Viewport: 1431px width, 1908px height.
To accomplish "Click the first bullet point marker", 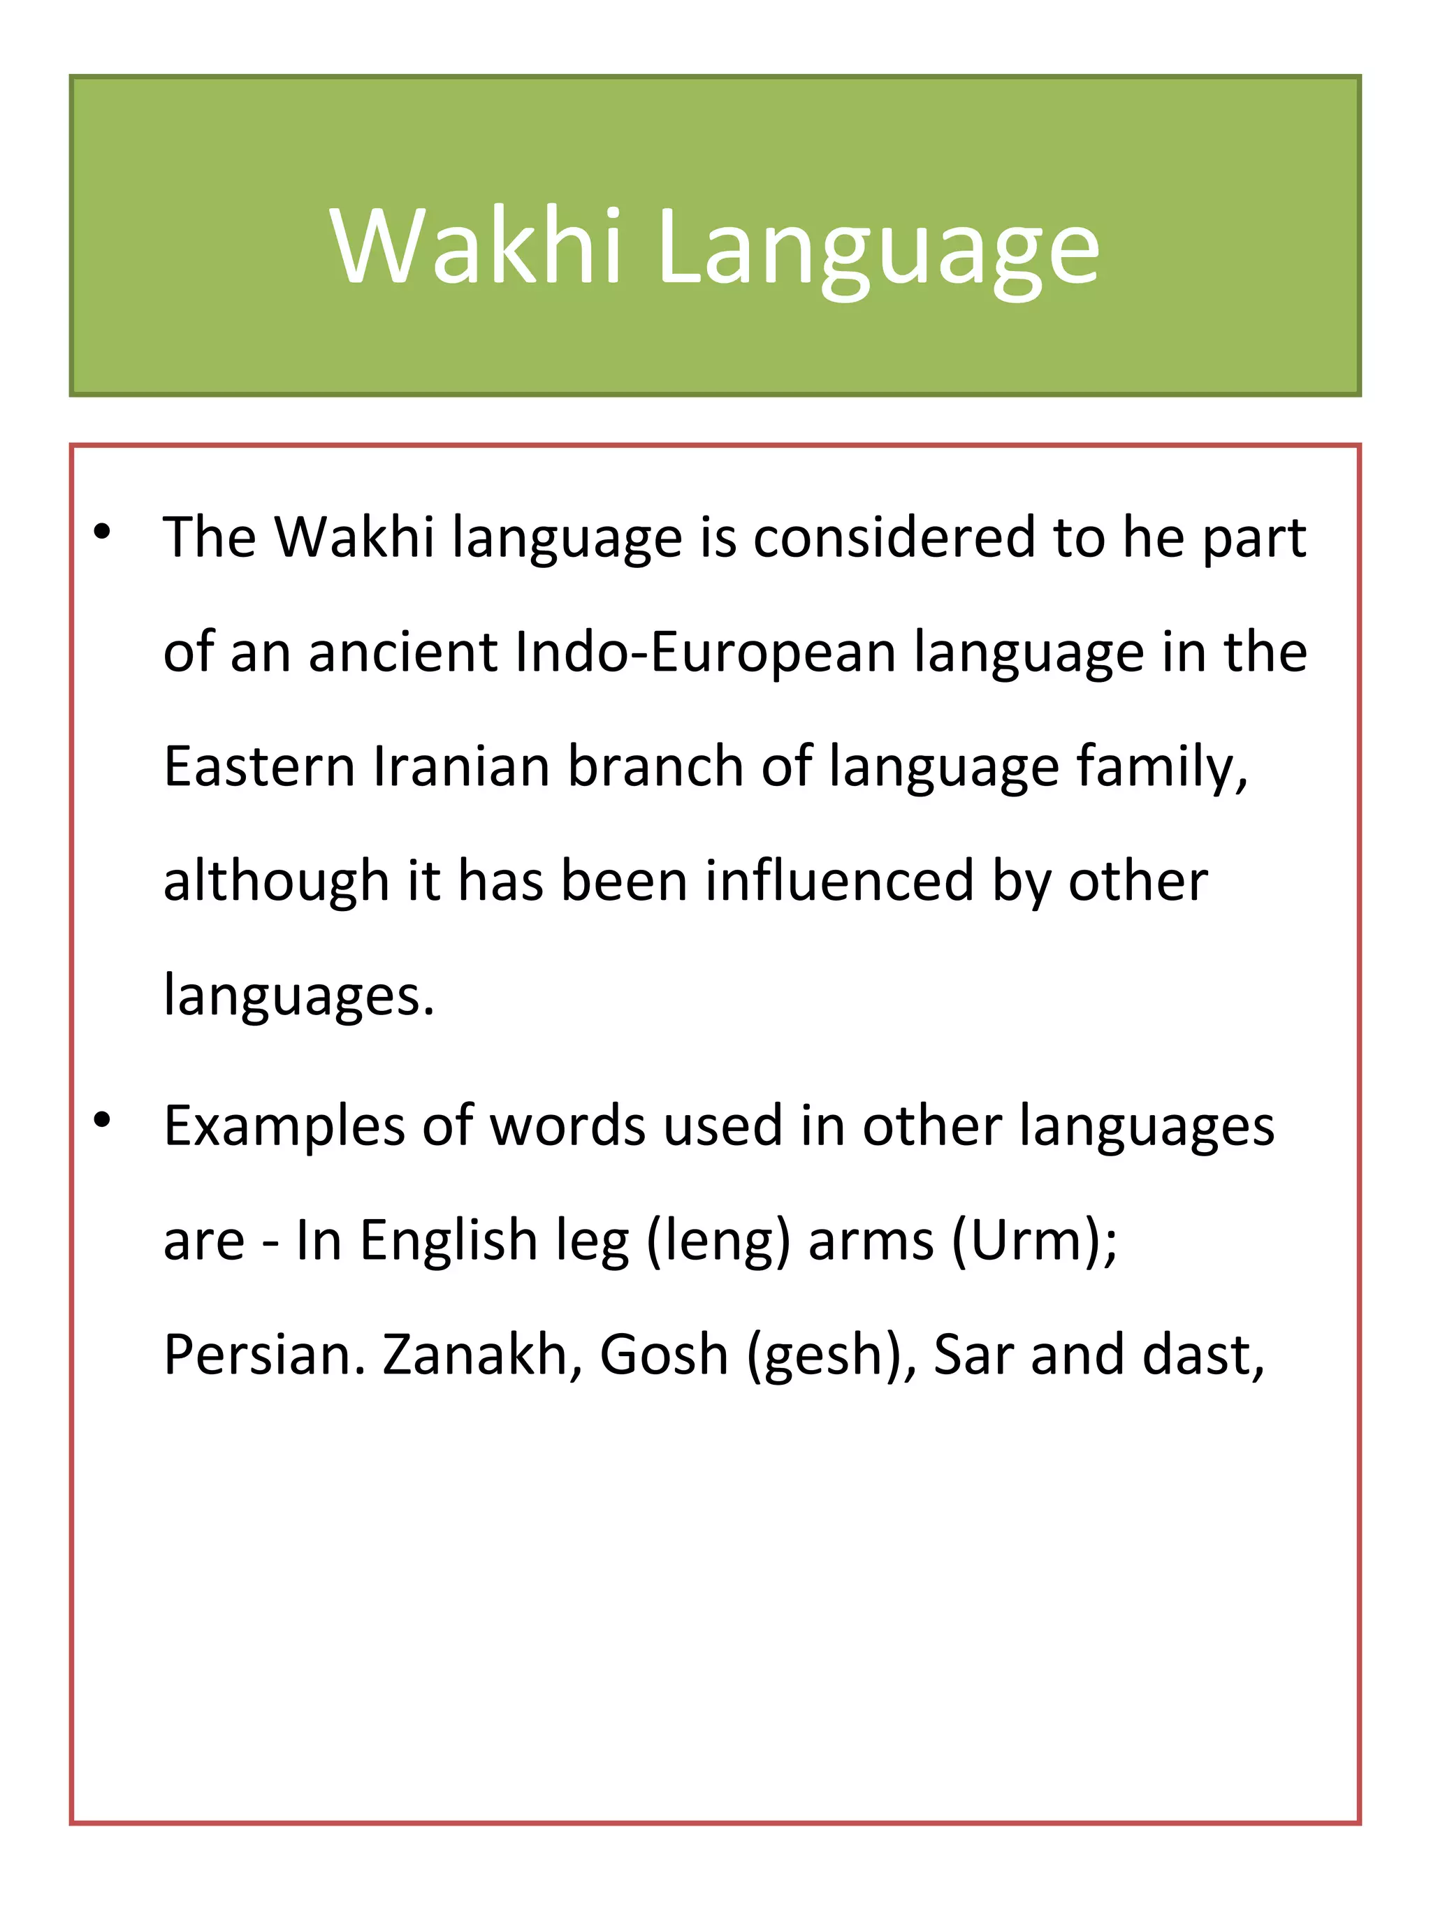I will point(103,532).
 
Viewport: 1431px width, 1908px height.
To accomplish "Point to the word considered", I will point(894,537).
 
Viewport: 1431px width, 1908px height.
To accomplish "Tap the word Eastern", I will point(259,767).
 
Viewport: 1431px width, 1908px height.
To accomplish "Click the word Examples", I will point(284,1126).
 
